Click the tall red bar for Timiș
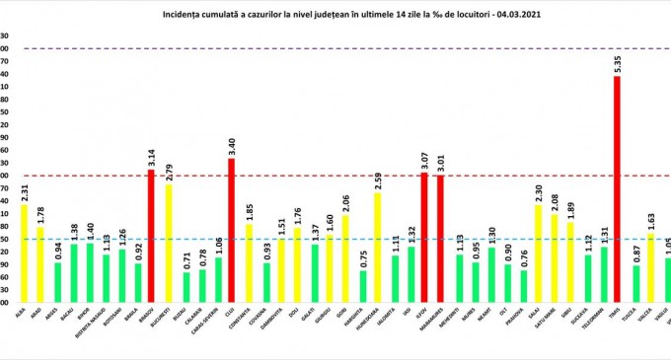coord(618,179)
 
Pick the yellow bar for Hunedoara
coord(377,234)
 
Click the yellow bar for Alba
coord(25,239)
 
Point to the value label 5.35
coord(618,64)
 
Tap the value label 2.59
coord(377,180)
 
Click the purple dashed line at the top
coord(335,48)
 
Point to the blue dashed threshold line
coord(335,239)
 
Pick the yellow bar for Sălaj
coord(538,240)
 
